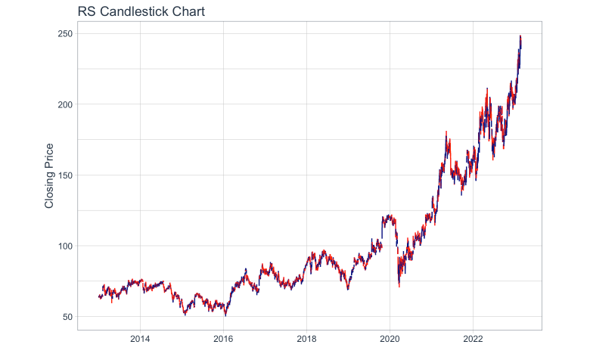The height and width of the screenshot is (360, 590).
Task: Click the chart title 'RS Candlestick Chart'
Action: coord(141,11)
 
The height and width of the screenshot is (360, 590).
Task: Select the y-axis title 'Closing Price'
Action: coord(50,175)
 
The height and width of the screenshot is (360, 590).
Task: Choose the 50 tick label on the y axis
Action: coord(66,317)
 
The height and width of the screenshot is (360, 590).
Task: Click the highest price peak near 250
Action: coord(520,36)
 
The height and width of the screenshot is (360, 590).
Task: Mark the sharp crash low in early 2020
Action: coord(399,287)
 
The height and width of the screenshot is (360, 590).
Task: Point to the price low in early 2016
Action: coord(225,315)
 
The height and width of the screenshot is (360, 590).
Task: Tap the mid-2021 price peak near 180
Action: coord(446,132)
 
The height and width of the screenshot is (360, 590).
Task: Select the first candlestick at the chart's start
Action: coord(99,297)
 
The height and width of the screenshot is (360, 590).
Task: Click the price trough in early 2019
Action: coord(348,289)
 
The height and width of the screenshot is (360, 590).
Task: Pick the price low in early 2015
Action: coord(185,314)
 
